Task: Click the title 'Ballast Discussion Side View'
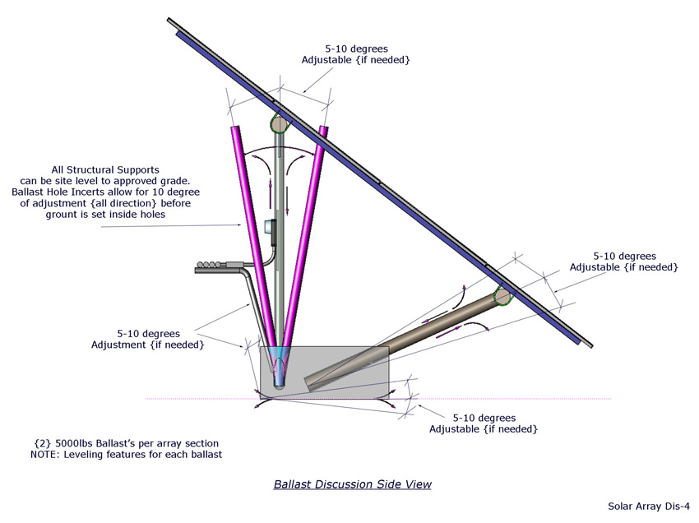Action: (x=352, y=484)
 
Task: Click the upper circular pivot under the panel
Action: (x=279, y=125)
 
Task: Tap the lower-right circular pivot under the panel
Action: (x=501, y=294)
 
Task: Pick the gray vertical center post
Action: (x=280, y=247)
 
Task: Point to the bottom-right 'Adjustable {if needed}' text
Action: (x=484, y=428)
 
